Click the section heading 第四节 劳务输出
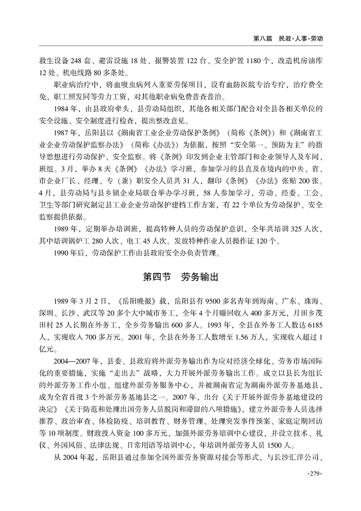tap(181, 277)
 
